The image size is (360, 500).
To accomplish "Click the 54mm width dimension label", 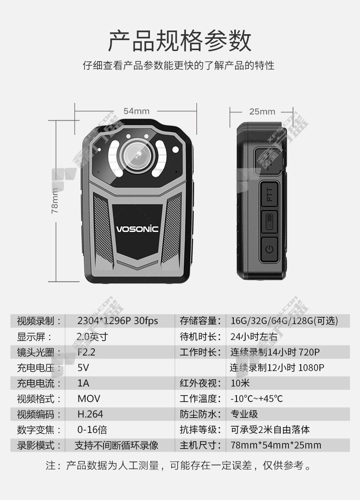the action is [x=136, y=111].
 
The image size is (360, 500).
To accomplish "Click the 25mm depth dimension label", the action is [x=262, y=111].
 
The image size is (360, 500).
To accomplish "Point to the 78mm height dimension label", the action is [x=55, y=201].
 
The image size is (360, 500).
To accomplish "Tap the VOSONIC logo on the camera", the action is [x=137, y=229].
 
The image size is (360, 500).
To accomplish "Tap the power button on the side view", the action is [x=269, y=249].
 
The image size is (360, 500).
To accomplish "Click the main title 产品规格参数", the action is [x=180, y=41].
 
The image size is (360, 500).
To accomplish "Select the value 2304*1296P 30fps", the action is [x=118, y=321].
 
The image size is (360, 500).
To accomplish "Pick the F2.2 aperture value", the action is [x=87, y=352].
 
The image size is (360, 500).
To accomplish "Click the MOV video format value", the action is [x=89, y=399].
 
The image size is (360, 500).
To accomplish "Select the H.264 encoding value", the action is [x=90, y=414].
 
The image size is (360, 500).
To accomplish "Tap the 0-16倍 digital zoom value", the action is [x=92, y=429].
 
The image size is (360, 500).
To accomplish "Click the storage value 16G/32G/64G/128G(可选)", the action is [x=284, y=321].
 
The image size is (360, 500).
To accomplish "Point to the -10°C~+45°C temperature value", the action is [x=257, y=399].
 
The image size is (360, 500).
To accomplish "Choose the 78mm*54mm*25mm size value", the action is [x=276, y=445].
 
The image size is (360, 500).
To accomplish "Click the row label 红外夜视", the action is [x=200, y=383].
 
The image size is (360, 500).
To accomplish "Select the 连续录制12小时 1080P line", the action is [x=277, y=368].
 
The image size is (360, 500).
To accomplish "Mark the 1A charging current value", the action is [x=83, y=383].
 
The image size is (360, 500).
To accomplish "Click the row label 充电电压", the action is [x=39, y=368].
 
